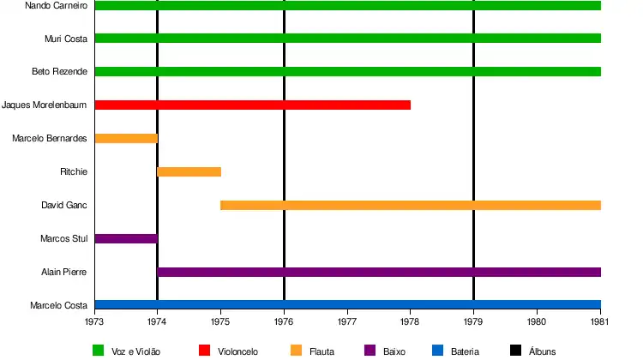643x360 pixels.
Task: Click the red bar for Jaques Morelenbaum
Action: click(252, 105)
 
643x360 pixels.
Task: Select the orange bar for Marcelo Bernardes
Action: click(125, 138)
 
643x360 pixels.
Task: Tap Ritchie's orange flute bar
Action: click(189, 171)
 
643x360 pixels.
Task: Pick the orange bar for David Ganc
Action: click(410, 205)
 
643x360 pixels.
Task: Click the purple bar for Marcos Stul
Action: click(125, 238)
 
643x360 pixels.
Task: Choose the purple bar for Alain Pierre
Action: click(378, 272)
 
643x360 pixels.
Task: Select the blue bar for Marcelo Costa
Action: click(347, 304)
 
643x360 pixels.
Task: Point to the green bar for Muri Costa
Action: click(347, 39)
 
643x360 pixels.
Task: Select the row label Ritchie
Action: click(74, 171)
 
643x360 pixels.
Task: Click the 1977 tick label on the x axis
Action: click(347, 323)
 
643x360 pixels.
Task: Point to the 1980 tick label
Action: click(537, 323)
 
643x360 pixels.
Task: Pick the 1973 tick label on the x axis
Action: click(94, 323)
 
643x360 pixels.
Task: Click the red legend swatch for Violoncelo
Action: click(204, 350)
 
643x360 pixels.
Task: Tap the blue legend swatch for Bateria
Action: click(437, 350)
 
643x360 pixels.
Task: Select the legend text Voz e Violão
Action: click(136, 351)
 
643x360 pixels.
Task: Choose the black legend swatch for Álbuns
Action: click(515, 350)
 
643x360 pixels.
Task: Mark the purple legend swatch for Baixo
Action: click(370, 350)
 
